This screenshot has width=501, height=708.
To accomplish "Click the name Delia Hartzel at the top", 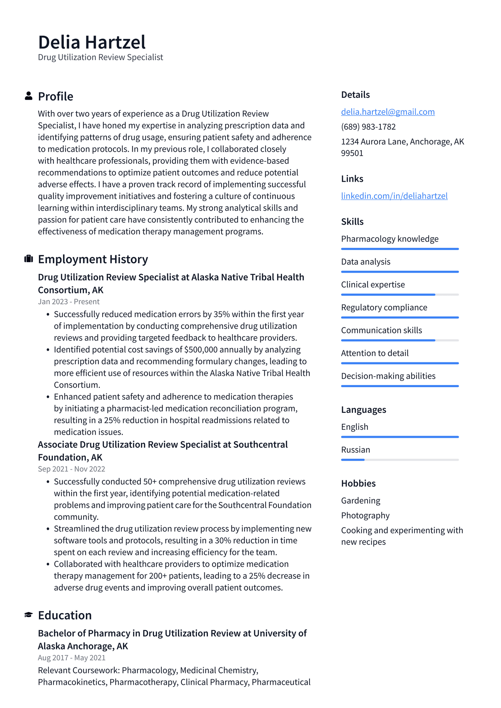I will click(x=92, y=42).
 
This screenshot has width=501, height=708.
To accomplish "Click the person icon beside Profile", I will click(x=28, y=96).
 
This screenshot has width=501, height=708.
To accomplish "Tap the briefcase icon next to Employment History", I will click(x=28, y=259).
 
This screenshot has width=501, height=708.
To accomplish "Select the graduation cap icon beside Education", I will click(x=28, y=615).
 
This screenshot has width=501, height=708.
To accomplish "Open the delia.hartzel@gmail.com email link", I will click(x=388, y=112).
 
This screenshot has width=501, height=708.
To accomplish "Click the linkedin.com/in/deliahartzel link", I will click(x=394, y=196).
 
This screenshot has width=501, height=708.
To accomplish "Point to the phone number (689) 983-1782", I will click(x=368, y=127).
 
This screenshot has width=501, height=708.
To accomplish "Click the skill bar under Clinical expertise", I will click(x=399, y=294).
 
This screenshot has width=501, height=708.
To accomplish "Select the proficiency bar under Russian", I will click(x=399, y=460).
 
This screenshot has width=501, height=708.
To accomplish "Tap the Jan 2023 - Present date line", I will click(x=69, y=302).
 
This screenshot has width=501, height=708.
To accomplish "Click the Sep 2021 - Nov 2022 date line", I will click(x=72, y=469).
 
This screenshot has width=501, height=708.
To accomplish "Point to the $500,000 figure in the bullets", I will click(x=201, y=350).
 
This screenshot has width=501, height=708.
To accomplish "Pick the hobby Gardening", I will click(x=360, y=500).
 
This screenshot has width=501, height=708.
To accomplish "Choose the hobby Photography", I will click(x=365, y=516).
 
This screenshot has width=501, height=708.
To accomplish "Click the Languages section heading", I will click(x=363, y=410).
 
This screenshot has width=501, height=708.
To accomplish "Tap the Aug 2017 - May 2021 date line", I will click(x=72, y=658).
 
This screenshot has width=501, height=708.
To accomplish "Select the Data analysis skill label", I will click(x=365, y=262).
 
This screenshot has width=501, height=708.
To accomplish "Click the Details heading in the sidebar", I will click(x=355, y=95).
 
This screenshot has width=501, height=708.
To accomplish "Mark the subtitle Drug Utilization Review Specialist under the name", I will click(x=100, y=57).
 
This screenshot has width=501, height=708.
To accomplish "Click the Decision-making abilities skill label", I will click(x=388, y=376).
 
